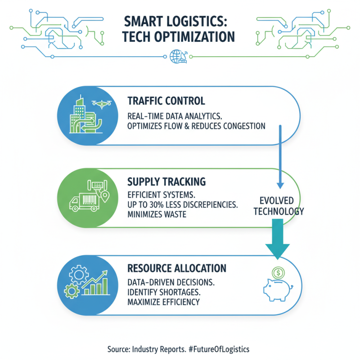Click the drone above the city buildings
(x=100, y=103)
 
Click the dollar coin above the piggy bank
(x=278, y=273)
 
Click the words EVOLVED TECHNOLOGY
(x=277, y=206)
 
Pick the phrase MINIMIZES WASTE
(x=157, y=215)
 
